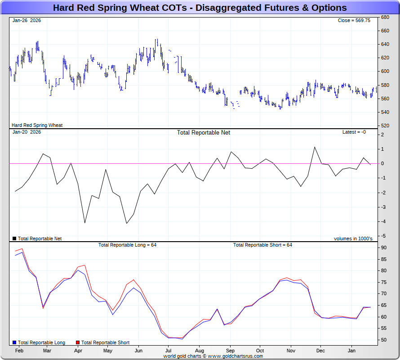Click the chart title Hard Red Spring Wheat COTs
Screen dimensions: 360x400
click(x=200, y=8)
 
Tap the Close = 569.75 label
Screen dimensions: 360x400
click(x=354, y=21)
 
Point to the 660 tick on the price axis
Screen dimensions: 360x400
click(x=385, y=31)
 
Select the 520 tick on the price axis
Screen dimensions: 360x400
click(x=385, y=126)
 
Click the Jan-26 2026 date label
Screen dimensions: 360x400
click(x=27, y=21)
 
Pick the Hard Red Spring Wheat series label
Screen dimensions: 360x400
click(x=37, y=125)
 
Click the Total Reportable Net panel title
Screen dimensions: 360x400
click(x=204, y=132)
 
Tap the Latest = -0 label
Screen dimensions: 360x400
click(x=354, y=132)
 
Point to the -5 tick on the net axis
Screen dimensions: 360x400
click(x=382, y=236)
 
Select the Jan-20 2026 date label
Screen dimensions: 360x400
click(x=27, y=132)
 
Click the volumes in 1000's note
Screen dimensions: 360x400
click(x=353, y=238)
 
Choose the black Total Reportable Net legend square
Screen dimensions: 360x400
click(x=14, y=238)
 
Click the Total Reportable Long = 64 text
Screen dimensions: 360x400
click(x=127, y=245)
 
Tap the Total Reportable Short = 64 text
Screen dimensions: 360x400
click(x=262, y=245)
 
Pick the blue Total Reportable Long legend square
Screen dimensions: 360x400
click(x=14, y=342)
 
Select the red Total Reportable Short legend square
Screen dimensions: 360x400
click(x=78, y=342)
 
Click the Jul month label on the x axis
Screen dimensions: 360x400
click(x=169, y=350)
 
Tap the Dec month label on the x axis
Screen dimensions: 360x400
click(x=320, y=350)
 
